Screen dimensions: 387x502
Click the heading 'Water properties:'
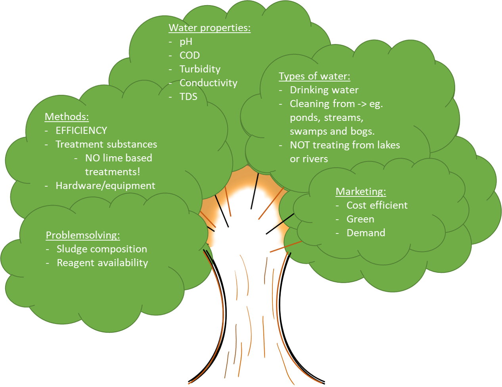coord(209,28)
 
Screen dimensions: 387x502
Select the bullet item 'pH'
coord(186,42)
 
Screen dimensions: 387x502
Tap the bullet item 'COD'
coord(190,56)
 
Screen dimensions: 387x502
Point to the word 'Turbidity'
coord(200,69)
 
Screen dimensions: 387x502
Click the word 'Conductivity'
coord(208,83)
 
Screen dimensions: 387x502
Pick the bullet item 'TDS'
coord(188,97)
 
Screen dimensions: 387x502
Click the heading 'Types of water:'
coord(314,76)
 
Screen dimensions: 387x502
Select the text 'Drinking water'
coord(324,90)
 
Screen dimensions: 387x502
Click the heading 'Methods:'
coord(67,117)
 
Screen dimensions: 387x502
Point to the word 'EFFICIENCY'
coord(81,130)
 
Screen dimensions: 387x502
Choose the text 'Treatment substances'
coord(106,144)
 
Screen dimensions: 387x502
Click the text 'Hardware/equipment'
coord(105,186)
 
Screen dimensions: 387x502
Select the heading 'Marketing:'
coord(361,192)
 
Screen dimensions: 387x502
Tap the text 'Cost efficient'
coord(377,205)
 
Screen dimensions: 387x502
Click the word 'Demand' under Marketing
coord(366,233)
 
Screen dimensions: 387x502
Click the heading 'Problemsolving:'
coord(83,235)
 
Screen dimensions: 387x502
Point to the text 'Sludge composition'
coord(102,249)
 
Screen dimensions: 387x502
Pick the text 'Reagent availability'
coord(102,263)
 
